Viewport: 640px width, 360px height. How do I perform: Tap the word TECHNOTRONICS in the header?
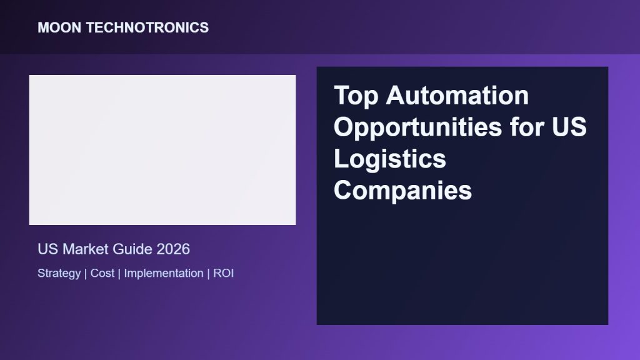147,27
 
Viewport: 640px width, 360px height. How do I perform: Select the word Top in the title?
356,96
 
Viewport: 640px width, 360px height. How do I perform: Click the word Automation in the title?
457,96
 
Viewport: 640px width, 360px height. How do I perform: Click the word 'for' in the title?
527,127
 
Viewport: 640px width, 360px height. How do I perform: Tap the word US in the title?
569,127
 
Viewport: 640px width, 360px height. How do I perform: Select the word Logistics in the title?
390,159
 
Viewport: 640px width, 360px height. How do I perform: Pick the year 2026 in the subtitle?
173,249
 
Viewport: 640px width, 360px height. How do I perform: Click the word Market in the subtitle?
85,249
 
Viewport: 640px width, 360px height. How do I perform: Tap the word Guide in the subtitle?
132,249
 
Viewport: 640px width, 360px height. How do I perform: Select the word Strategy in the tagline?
59,274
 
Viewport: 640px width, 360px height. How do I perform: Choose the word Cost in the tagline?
102,273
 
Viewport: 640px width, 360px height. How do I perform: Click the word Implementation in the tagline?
164,274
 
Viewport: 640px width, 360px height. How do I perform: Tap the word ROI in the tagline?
223,273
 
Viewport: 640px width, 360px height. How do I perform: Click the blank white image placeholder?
162,150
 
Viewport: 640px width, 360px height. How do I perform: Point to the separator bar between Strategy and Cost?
86,274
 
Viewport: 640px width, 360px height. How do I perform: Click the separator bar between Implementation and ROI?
208,274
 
